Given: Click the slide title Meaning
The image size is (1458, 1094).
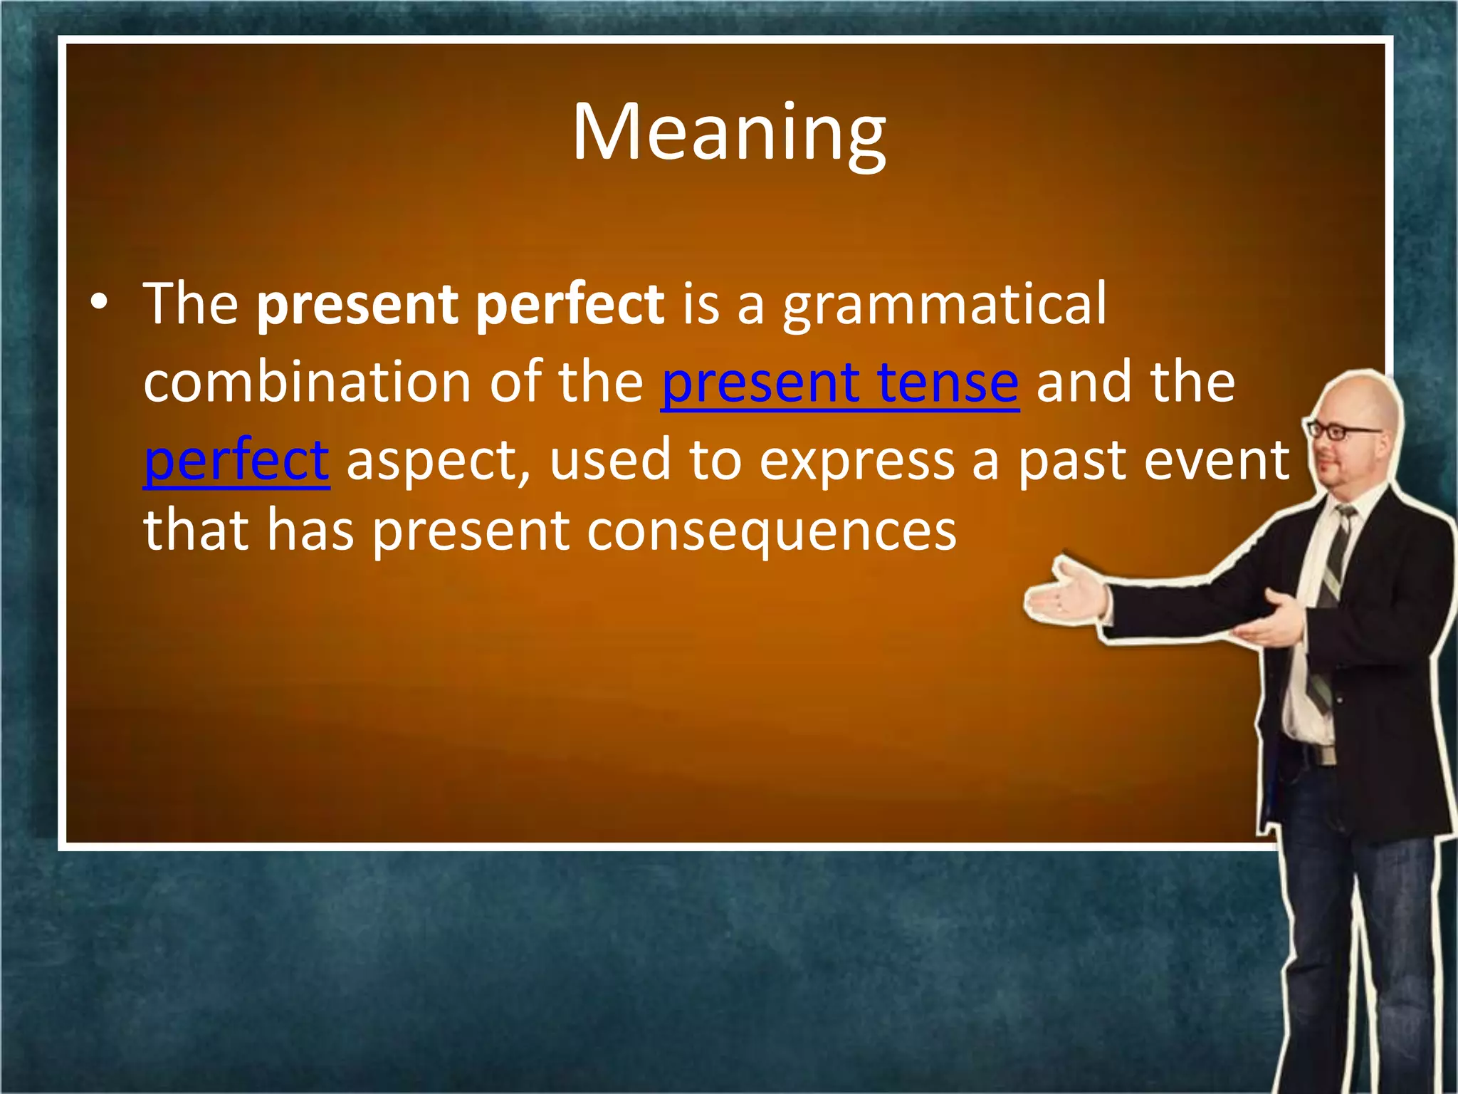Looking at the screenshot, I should click(729, 134).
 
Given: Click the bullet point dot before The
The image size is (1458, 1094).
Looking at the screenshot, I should click(100, 303).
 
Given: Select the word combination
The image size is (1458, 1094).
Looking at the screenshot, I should click(308, 382).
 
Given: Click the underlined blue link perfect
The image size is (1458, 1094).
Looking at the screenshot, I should click(236, 462).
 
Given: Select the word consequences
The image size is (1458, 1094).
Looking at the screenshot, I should click(771, 533).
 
